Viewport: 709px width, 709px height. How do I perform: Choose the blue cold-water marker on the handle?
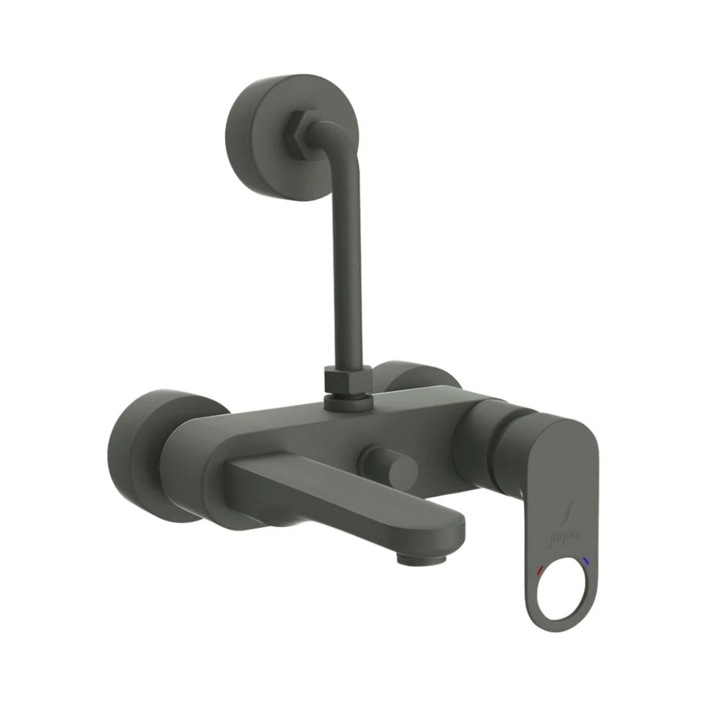[586, 561]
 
